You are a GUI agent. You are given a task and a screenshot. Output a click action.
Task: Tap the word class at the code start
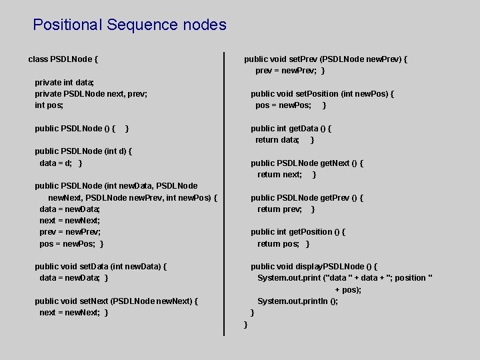pyautogui.click(x=39, y=59)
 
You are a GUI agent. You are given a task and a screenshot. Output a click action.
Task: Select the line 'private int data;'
pyautogui.click(x=64, y=83)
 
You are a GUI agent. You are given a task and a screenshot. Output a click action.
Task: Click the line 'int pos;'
pyautogui.click(x=49, y=105)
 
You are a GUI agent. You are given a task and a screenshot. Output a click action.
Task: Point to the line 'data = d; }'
pyautogui.click(x=61, y=163)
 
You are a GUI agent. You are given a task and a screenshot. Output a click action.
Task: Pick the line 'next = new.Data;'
pyautogui.click(x=69, y=220)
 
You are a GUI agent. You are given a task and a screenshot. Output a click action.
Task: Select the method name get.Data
pyautogui.click(x=304, y=129)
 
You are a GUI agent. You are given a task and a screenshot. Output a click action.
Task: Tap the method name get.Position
pyautogui.click(x=311, y=232)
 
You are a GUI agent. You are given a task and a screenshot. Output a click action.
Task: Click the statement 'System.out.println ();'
pyautogui.click(x=297, y=301)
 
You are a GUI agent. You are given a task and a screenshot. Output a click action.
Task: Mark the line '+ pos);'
pyautogui.click(x=348, y=289)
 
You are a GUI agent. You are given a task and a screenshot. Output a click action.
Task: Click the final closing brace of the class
pyautogui.click(x=245, y=324)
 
